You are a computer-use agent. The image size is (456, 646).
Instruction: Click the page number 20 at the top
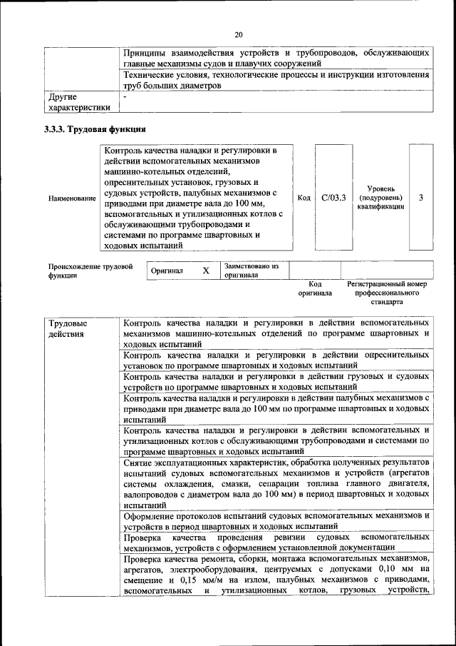click(238, 34)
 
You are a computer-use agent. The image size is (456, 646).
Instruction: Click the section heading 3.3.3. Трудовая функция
click(95, 129)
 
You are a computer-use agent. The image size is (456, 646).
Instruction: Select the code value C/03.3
click(333, 197)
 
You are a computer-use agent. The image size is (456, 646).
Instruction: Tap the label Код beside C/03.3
click(303, 197)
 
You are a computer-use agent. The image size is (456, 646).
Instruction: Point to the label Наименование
click(72, 198)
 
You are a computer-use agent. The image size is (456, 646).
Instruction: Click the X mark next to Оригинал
click(205, 271)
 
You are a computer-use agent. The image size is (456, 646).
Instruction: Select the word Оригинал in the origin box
click(167, 271)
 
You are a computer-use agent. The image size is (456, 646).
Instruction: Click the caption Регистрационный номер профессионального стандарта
click(386, 293)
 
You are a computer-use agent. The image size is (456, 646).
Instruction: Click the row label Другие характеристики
click(79, 101)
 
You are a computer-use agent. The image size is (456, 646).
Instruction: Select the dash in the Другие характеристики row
click(125, 96)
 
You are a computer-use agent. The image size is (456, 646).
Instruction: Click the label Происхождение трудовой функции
click(91, 271)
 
